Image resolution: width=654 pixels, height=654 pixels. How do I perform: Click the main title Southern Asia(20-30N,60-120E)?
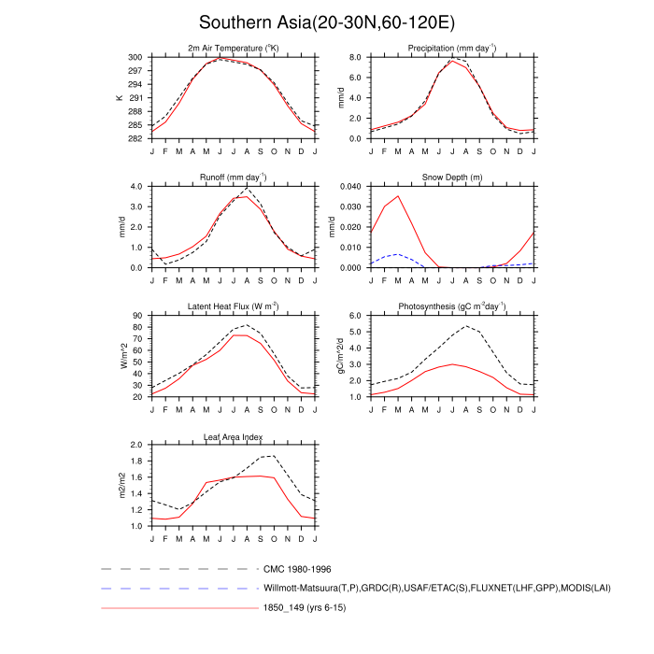pos(326,21)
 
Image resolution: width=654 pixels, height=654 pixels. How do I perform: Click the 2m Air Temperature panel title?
pos(234,48)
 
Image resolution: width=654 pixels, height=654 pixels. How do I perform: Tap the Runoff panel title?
pos(234,177)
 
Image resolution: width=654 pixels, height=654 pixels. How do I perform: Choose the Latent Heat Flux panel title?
pos(234,306)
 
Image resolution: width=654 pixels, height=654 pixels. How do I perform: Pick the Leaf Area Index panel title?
pos(234,436)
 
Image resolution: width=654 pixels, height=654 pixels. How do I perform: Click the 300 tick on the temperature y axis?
pos(135,57)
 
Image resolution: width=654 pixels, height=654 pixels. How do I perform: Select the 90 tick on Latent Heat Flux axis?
pos(138,316)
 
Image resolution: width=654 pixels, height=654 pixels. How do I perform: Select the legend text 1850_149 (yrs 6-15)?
pos(305,609)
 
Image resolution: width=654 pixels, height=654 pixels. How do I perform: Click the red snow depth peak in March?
pos(398,196)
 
